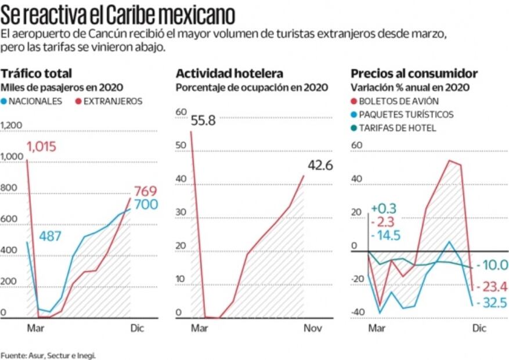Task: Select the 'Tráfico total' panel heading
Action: point(37,73)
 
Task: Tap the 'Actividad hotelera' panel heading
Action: point(229,73)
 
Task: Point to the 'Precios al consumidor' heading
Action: point(414,73)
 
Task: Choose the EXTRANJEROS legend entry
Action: point(109,101)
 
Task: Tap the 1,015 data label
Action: point(41,146)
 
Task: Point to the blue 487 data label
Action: point(50,236)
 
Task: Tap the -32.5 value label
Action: point(490,303)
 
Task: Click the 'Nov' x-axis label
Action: point(313,329)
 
